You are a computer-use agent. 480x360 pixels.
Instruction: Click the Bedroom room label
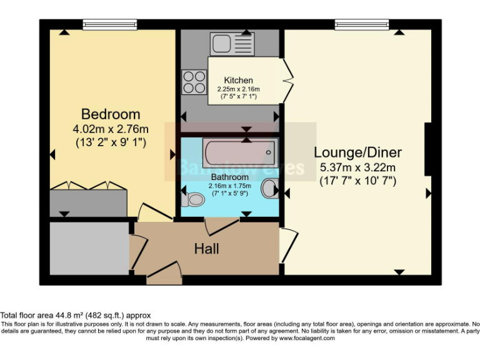[111, 114]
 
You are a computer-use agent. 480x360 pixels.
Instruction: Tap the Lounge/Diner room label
[357, 152]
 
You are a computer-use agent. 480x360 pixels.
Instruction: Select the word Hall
[206, 249]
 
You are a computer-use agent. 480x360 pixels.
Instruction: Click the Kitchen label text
[239, 80]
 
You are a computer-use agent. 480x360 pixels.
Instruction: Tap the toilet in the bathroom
[193, 200]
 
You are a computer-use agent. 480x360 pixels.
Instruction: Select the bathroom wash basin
[270, 187]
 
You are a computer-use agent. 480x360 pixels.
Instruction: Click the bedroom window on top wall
[110, 24]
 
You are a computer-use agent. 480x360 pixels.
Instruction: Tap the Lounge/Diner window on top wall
[361, 24]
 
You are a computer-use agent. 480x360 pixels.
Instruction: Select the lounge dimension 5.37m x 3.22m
[357, 167]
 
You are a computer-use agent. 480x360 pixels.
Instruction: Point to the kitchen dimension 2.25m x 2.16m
[239, 89]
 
